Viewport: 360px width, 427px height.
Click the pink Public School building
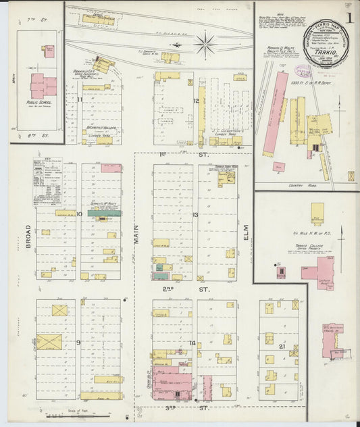(x=44, y=86)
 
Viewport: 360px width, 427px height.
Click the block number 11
(x=79, y=101)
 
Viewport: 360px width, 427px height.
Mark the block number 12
(x=196, y=101)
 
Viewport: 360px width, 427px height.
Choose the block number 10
(x=79, y=214)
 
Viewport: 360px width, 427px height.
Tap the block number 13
(x=196, y=215)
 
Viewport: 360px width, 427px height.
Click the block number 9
(x=78, y=343)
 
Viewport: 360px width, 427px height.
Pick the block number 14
(x=194, y=343)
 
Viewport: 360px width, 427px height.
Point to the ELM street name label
(x=246, y=233)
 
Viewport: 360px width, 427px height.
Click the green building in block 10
(x=105, y=212)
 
